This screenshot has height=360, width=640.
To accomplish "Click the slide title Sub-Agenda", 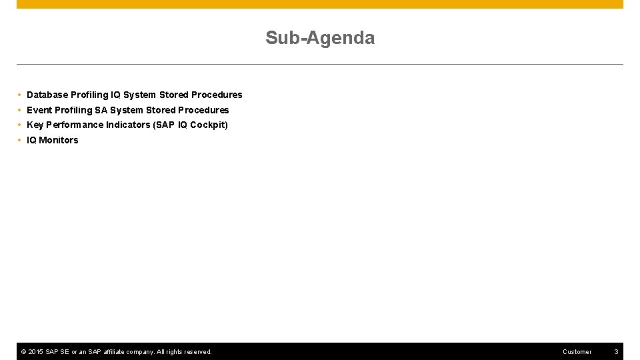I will [320, 38].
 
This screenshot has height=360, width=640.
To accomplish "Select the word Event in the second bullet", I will [39, 110].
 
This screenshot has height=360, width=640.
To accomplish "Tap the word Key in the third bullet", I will [35, 125].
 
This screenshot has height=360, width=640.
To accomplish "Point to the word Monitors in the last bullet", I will [59, 140].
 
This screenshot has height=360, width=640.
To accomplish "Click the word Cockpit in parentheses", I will [209, 125].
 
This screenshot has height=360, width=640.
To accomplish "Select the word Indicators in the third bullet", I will [128, 125].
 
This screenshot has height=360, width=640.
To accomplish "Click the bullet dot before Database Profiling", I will [20, 95].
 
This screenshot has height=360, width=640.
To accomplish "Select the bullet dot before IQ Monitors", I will [20, 140].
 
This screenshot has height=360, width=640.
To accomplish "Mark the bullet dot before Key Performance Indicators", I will [20, 125].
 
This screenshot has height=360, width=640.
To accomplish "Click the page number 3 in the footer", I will [616, 352].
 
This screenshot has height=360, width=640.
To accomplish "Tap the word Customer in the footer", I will [577, 352].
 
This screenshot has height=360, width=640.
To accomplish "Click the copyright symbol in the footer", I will [23, 352].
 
